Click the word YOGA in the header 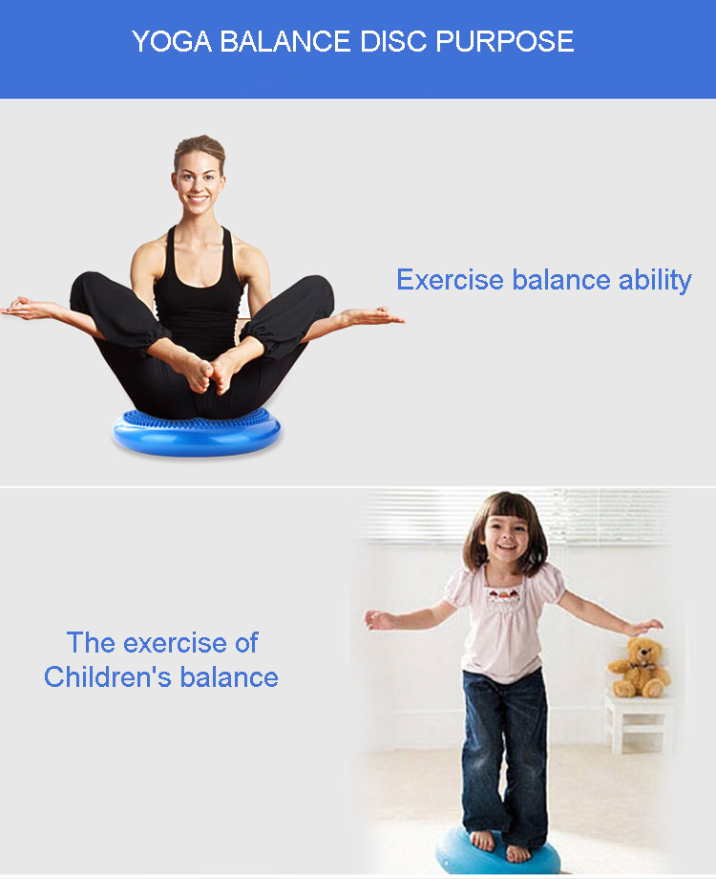pyautogui.click(x=172, y=41)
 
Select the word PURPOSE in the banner pyautogui.click(x=505, y=41)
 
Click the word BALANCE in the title pyautogui.click(x=285, y=41)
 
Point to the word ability pyautogui.click(x=655, y=281)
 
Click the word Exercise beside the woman pyautogui.click(x=450, y=280)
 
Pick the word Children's pyautogui.click(x=108, y=676)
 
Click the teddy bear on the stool pyautogui.click(x=640, y=668)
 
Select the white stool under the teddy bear pyautogui.click(x=637, y=723)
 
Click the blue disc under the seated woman pyautogui.click(x=196, y=433)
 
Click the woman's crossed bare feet pyautogui.click(x=208, y=373)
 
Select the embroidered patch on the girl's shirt pyautogui.click(x=504, y=594)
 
